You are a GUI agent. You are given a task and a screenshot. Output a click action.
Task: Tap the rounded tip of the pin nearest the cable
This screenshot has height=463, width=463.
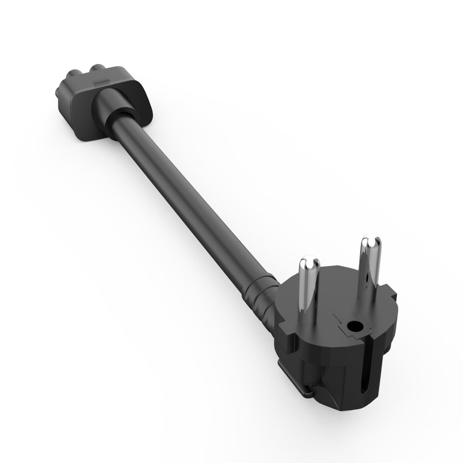pyautogui.click(x=309, y=262)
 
